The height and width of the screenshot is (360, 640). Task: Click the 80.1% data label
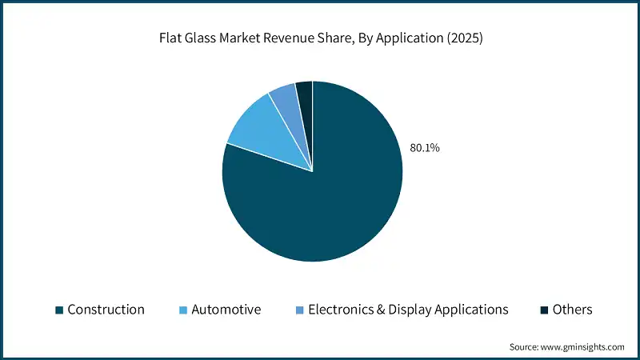tap(424, 148)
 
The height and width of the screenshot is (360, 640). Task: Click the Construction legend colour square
tap(58, 310)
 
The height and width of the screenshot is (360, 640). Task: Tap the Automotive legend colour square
tap(182, 310)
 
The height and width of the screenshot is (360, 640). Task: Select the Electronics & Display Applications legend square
tap(299, 310)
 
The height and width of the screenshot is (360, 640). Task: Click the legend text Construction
tap(106, 310)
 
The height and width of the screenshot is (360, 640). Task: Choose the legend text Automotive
tap(226, 310)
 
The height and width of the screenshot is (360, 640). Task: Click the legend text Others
tap(572, 310)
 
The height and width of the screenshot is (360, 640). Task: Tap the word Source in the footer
tap(526, 346)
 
